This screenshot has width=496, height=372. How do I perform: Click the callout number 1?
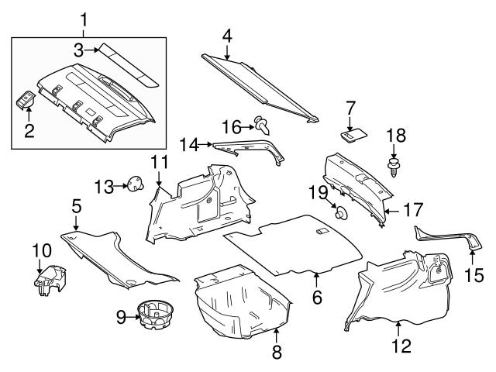tap(84, 17)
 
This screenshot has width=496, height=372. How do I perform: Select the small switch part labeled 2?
tap(28, 103)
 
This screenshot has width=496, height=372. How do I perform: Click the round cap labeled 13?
tap(138, 185)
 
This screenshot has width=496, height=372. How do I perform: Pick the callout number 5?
tap(76, 207)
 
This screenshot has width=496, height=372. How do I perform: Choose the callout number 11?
tap(159, 163)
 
